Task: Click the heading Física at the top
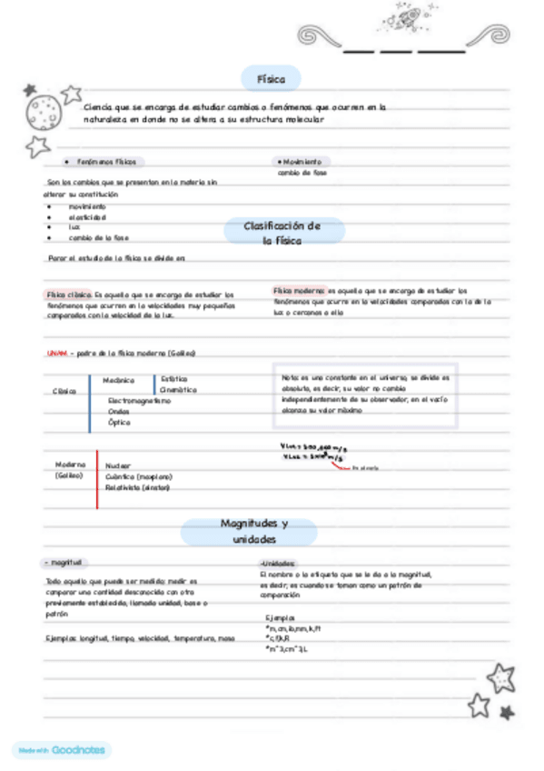click(x=271, y=80)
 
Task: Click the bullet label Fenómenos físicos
click(x=106, y=162)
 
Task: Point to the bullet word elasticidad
click(x=87, y=217)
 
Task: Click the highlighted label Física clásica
click(x=69, y=295)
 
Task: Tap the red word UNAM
click(x=56, y=353)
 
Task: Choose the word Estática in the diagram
click(x=174, y=378)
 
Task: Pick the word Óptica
click(x=119, y=422)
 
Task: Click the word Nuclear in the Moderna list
click(x=118, y=465)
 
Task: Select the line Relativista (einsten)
click(x=137, y=487)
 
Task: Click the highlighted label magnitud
click(x=66, y=563)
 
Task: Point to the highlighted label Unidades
click(x=277, y=563)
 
